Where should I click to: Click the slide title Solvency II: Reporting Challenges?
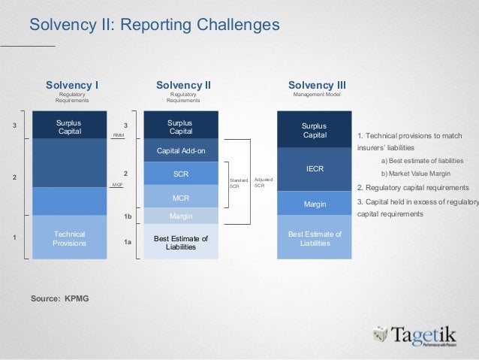point(154,26)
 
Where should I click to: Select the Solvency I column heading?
point(72,85)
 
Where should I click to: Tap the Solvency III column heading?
point(316,85)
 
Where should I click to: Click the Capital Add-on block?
point(181,151)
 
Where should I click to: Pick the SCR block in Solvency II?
point(181,174)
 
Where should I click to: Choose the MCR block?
point(181,198)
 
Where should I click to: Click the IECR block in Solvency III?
point(315,169)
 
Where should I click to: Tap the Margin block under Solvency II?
point(181,216)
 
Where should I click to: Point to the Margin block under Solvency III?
point(315,204)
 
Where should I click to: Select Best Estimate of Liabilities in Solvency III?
point(315,238)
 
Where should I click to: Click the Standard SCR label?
point(238,183)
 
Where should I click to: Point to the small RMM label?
point(118,135)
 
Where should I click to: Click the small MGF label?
point(117,184)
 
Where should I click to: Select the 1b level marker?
point(128,216)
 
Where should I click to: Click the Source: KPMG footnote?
point(59,298)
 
